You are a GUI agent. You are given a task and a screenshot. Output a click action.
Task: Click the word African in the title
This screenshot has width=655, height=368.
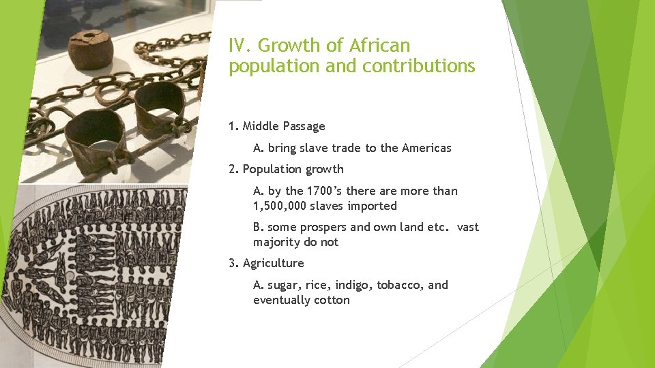coord(380,46)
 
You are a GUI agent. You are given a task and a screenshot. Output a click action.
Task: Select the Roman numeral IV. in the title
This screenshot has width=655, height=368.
coord(241,46)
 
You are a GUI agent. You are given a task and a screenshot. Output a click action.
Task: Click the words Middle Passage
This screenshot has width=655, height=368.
coord(284,126)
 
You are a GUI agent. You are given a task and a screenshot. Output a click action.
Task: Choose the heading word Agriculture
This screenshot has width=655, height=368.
coord(274,263)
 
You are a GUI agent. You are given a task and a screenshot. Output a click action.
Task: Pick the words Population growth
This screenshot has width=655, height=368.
coord(293,169)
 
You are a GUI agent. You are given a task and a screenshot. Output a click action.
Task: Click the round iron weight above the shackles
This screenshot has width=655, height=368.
coord(90,49)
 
